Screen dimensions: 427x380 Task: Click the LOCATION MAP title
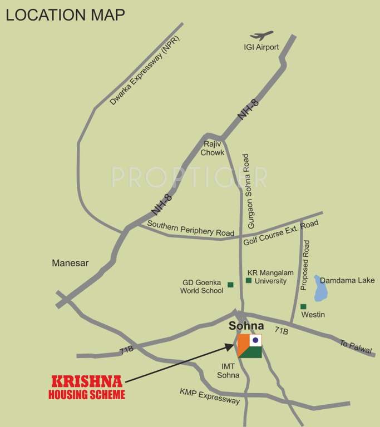pos(65,14)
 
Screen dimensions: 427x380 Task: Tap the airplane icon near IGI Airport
pos(261,36)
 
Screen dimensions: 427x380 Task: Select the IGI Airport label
pos(261,48)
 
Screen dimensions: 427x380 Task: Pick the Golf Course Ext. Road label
pos(281,233)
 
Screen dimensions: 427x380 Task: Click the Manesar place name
pos(70,262)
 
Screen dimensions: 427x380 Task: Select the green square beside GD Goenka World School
pos(230,285)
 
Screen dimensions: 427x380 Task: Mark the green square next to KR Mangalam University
pos(249,281)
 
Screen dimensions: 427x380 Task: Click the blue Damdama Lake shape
pos(320,287)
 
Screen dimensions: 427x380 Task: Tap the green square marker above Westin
pos(303,306)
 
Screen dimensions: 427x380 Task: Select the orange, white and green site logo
pos(249,346)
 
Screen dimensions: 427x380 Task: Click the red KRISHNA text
pos(88,383)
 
